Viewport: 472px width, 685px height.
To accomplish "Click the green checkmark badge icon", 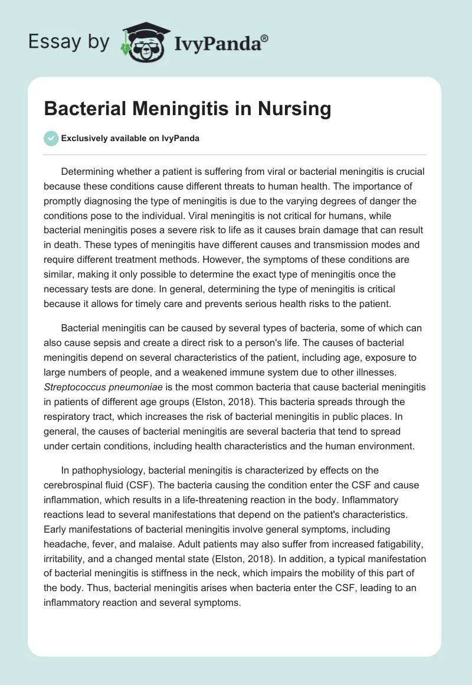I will coord(51,138).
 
